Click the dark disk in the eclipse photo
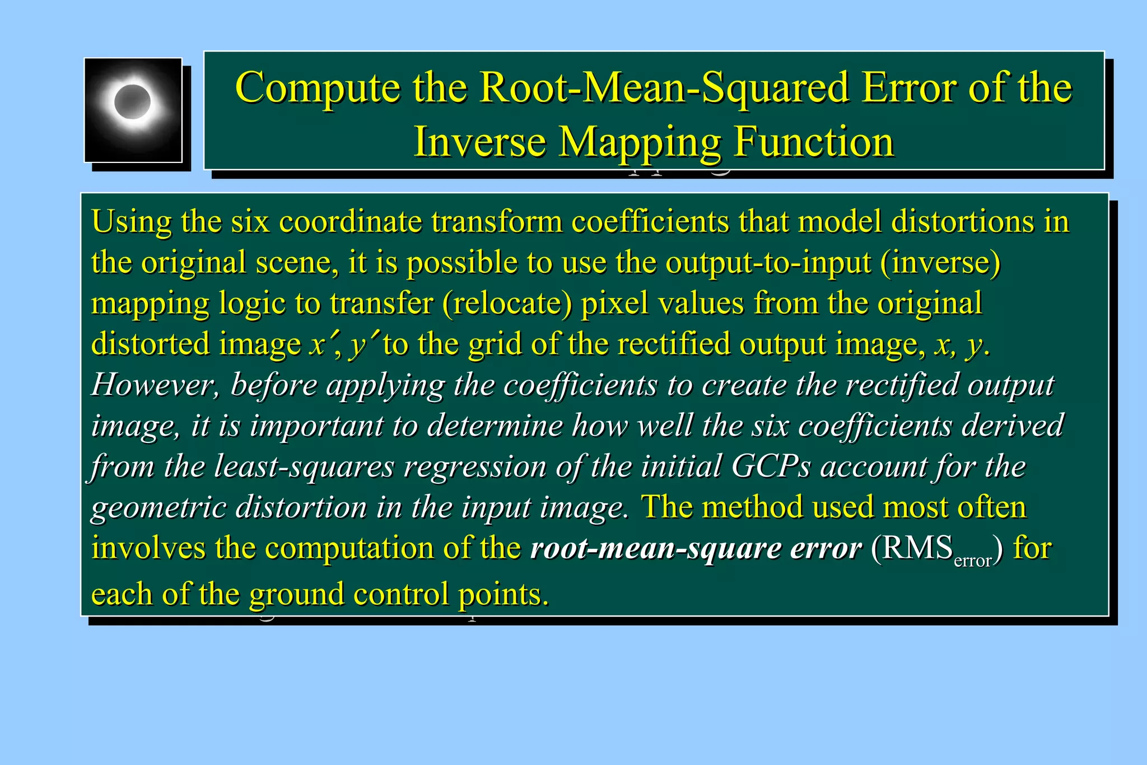pyautogui.click(x=133, y=102)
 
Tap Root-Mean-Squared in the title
pyautogui.click(x=665, y=88)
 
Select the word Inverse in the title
pyautogui.click(x=479, y=141)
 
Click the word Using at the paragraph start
pyautogui.click(x=131, y=221)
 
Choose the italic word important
pyautogui.click(x=316, y=426)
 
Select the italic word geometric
pyautogui.click(x=158, y=507)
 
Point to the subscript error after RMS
pyautogui.click(x=973, y=561)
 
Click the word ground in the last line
pyautogui.click(x=296, y=594)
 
